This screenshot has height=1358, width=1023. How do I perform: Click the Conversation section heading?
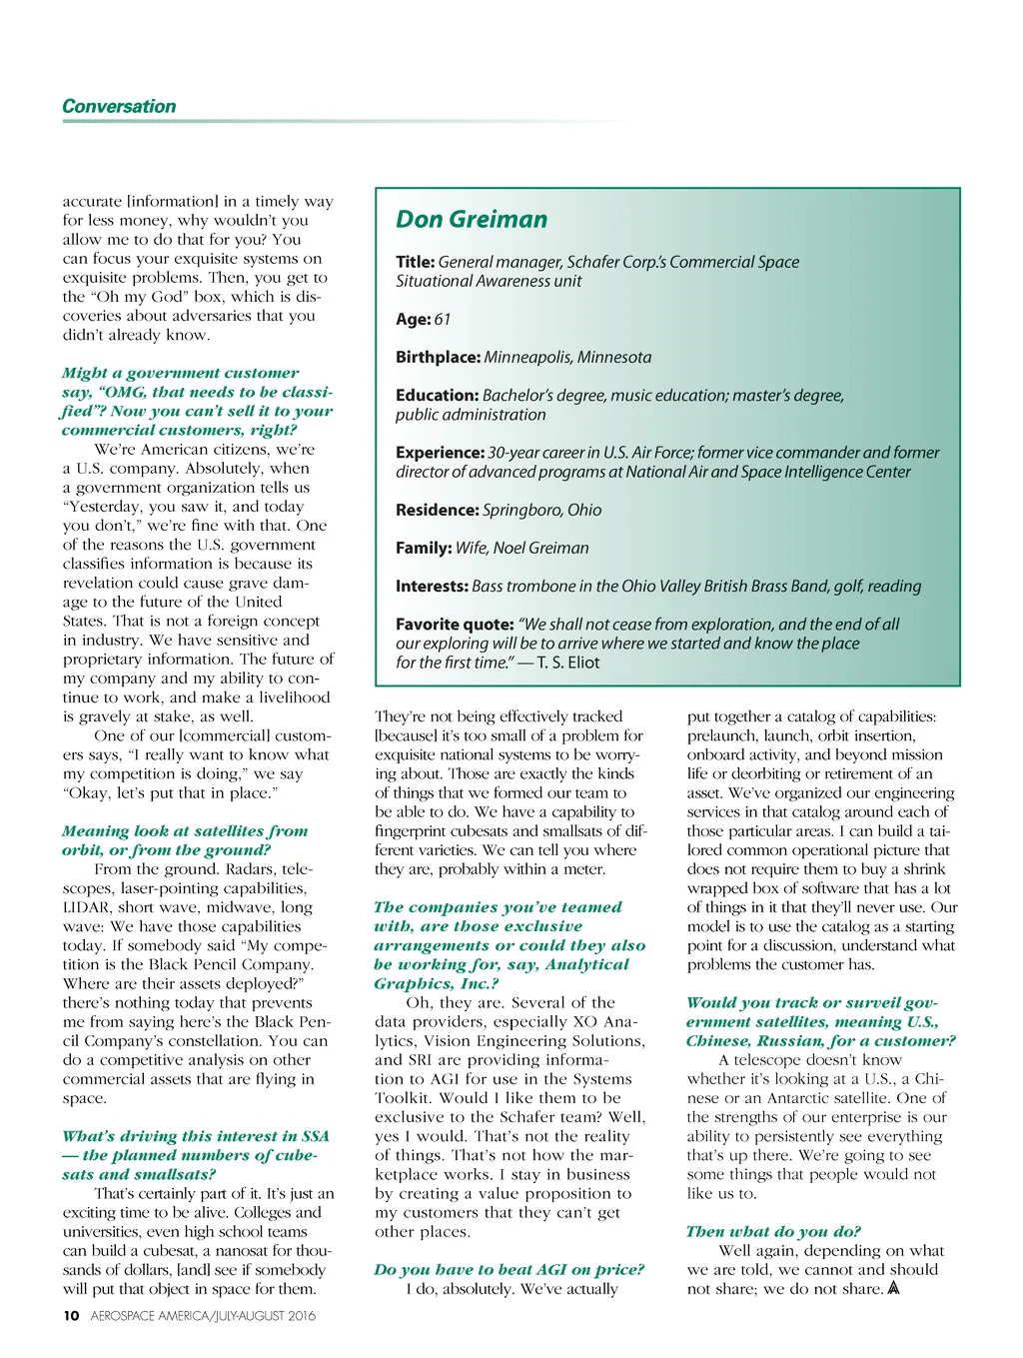click(119, 107)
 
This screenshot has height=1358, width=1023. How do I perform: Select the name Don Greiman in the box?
click(472, 220)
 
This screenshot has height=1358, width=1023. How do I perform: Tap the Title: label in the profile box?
click(415, 262)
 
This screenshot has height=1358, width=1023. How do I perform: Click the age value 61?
click(443, 319)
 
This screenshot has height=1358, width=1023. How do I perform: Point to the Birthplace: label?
click(438, 357)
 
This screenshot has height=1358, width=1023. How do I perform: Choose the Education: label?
click(437, 396)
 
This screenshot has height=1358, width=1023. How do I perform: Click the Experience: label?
click(440, 453)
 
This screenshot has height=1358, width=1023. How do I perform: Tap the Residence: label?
click(437, 510)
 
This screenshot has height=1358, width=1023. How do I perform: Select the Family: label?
click(424, 548)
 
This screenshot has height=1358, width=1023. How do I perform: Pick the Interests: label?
click(432, 587)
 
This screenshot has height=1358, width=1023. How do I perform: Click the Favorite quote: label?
click(455, 625)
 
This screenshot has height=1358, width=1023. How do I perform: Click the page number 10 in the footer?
click(71, 1316)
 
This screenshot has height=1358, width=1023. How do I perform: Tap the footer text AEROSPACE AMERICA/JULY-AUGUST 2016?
click(203, 1316)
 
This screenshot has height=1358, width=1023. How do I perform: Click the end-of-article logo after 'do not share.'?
click(893, 1288)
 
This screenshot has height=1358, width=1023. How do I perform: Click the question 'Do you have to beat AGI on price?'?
click(509, 1270)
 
